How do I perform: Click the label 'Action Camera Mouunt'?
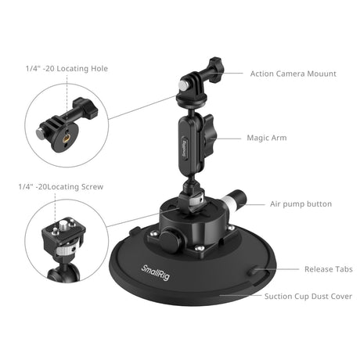tap(293, 74)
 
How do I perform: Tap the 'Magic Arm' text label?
tap(267, 138)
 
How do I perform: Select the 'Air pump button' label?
tap(301, 203)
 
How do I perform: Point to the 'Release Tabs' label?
tap(329, 269)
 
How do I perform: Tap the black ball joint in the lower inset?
tap(60, 273)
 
